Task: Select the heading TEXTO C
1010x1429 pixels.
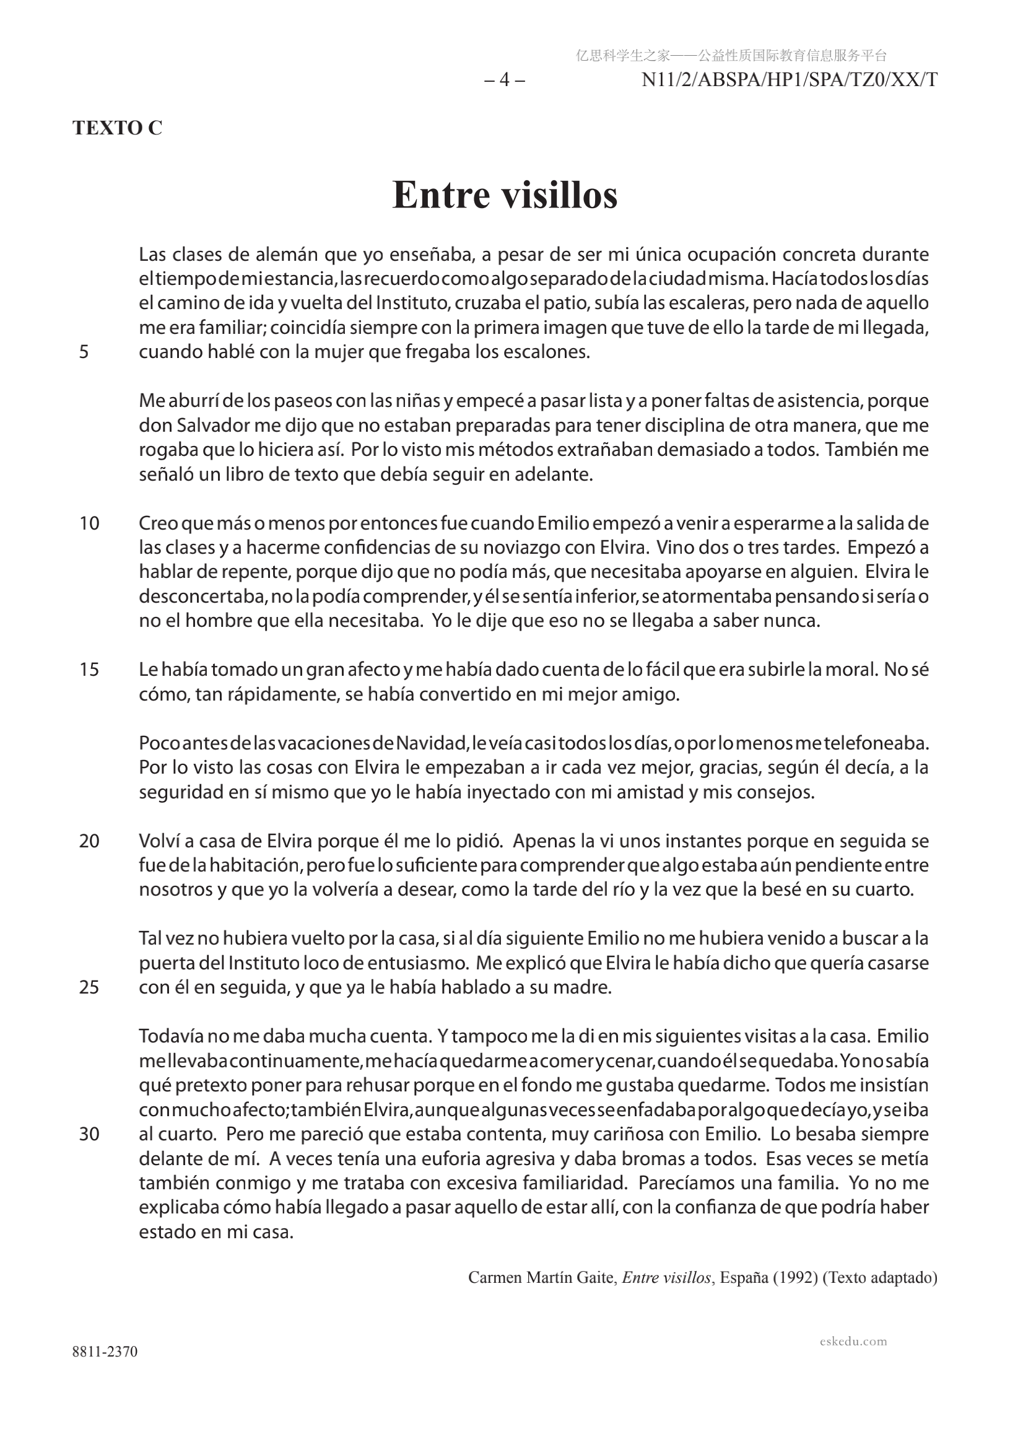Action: tap(117, 128)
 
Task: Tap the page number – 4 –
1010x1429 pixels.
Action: tap(504, 81)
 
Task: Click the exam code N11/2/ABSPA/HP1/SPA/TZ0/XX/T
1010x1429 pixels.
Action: tap(789, 81)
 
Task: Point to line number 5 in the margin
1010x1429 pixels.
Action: tap(84, 352)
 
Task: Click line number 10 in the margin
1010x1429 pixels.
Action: tap(89, 523)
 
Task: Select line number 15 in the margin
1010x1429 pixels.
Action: tap(89, 670)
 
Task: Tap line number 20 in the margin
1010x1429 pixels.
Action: tap(89, 841)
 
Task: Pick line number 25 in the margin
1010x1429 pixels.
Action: tap(89, 987)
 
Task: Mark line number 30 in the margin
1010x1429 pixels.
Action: tap(89, 1134)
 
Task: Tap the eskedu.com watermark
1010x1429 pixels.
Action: tap(853, 1341)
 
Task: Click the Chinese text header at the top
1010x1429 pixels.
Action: tap(731, 56)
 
